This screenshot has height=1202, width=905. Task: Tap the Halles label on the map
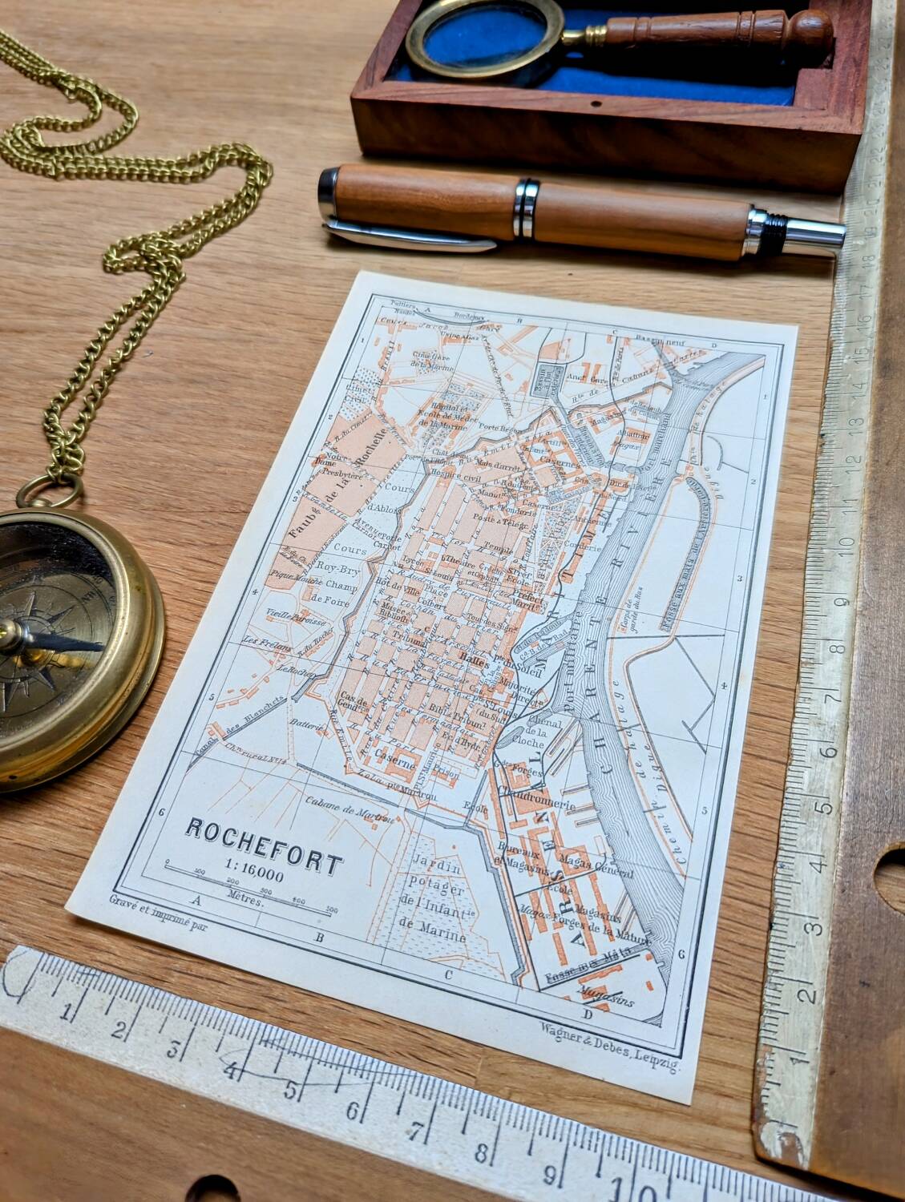point(473,661)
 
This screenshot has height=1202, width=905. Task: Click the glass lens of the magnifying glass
point(464,39)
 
